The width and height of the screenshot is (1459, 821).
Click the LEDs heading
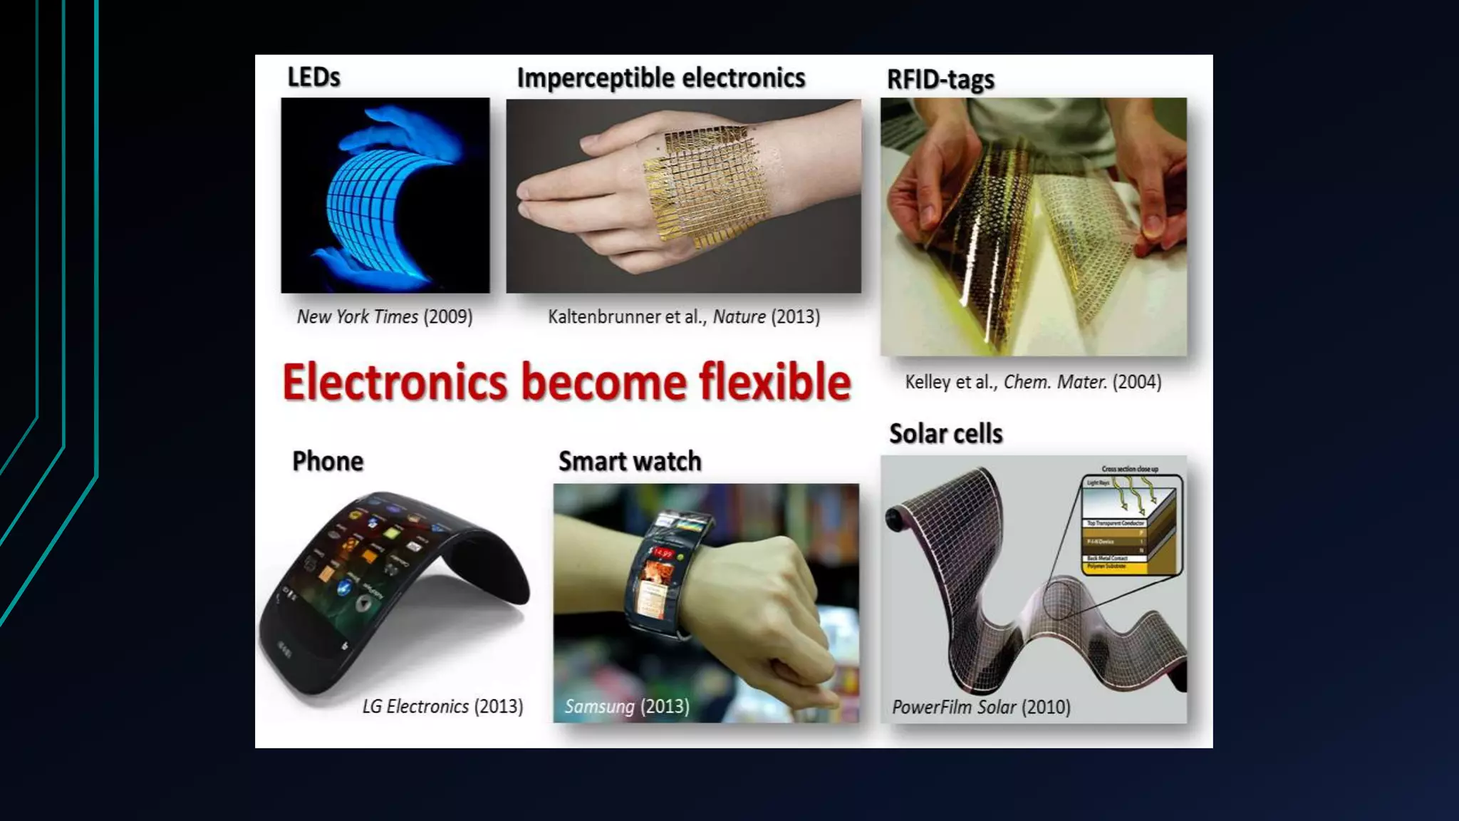(x=313, y=77)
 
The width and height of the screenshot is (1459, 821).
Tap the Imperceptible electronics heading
(x=660, y=78)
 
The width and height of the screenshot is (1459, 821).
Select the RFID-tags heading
(x=940, y=80)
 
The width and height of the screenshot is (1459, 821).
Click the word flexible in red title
(x=774, y=383)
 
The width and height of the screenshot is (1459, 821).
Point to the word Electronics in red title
(x=395, y=383)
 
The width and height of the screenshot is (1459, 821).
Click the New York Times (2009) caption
(x=385, y=316)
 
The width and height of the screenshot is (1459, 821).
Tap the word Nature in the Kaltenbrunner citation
(x=739, y=316)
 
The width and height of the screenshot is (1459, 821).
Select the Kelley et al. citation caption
(x=1032, y=382)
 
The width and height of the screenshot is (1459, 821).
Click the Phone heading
(x=328, y=461)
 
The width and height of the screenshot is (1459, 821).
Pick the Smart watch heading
(x=630, y=461)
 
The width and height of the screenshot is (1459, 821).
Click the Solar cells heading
(x=945, y=433)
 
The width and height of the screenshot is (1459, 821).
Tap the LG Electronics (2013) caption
(x=442, y=706)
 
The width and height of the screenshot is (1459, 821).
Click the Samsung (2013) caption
(x=627, y=706)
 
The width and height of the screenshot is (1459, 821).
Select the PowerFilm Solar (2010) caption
(x=981, y=707)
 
